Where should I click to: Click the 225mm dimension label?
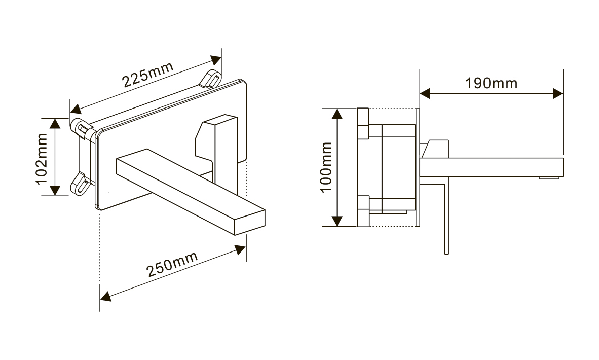tap(148, 74)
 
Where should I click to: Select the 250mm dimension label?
tap(172, 264)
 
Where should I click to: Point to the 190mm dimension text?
tap(491, 83)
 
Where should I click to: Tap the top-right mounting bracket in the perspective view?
tap(210, 79)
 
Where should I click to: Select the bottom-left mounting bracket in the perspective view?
tap(81, 184)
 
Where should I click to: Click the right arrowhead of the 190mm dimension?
tap(558, 94)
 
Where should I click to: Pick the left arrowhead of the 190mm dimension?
tap(425, 94)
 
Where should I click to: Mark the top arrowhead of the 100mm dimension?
tap(337, 114)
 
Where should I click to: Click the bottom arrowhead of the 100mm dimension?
tap(337, 221)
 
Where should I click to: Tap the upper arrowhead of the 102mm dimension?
tap(55, 123)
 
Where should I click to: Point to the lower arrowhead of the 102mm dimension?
tap(55, 190)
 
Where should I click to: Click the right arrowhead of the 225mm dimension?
tap(216, 60)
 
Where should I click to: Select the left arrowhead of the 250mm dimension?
tap(105, 296)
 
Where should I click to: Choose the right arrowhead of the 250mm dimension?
tap(240, 250)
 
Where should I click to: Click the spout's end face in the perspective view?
tap(249, 223)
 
